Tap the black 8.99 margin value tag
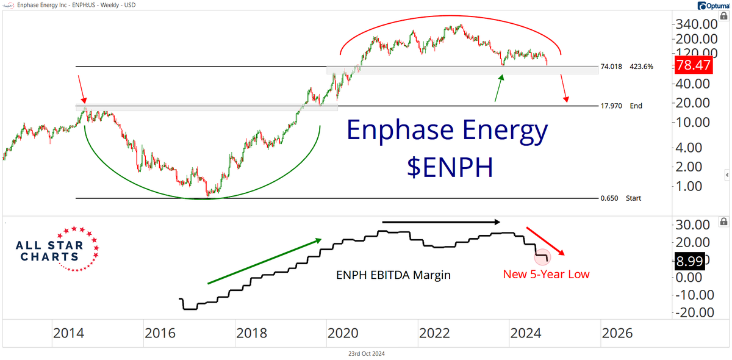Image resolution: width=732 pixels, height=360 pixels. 689,261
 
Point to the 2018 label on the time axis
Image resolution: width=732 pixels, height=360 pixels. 251,333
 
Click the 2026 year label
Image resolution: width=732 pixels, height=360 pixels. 617,333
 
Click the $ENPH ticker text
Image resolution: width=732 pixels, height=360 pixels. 450,168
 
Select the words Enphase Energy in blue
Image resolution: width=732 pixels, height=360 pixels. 447,131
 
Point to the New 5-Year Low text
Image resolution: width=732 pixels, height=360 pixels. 546,274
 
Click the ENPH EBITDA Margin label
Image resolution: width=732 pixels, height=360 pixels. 393,275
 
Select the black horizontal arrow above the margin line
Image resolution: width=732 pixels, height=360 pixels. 442,221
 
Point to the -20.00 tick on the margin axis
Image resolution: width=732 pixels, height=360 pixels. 692,312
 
